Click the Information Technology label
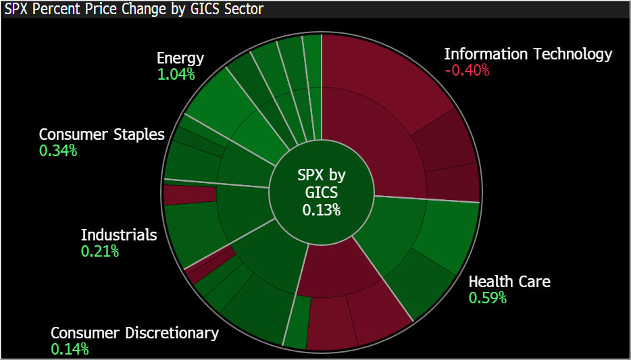click(528, 54)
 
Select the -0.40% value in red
click(467, 70)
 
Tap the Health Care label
click(509, 281)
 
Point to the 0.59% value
click(488, 298)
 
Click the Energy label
click(180, 58)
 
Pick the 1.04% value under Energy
click(176, 74)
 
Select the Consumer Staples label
click(101, 134)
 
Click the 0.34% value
click(58, 151)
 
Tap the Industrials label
click(119, 235)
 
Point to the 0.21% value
click(100, 252)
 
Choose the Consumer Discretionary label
click(134, 333)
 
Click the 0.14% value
click(70, 349)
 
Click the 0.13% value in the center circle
click(321, 209)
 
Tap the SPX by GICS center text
click(321, 184)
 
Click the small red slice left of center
click(189, 195)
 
